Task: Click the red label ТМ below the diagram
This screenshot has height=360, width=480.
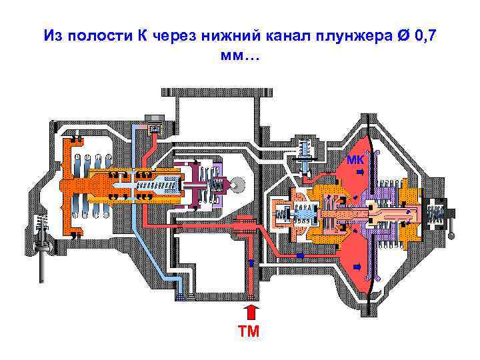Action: click(x=251, y=331)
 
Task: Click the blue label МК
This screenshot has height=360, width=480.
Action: click(x=355, y=159)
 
